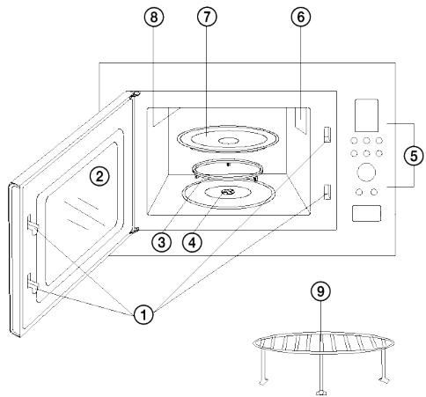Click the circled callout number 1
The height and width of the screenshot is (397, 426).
(x=143, y=315)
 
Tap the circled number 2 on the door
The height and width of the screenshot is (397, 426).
(x=99, y=176)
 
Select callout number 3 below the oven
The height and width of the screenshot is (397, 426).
(x=162, y=242)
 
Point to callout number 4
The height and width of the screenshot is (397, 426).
(x=193, y=242)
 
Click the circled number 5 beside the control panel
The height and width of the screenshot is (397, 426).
(x=414, y=156)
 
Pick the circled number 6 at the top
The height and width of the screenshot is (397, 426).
(x=301, y=17)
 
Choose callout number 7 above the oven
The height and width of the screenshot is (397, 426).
(x=207, y=17)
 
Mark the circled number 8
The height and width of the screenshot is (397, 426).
(x=154, y=17)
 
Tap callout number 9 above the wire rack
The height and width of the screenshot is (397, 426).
(x=320, y=291)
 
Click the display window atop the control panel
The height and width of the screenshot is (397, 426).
(x=366, y=115)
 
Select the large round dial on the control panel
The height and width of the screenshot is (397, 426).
(x=366, y=172)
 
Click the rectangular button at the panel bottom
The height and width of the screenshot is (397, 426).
(x=366, y=213)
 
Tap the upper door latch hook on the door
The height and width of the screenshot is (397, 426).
(x=33, y=225)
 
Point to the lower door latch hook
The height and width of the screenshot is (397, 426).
(x=33, y=283)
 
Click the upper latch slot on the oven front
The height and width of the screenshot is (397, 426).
(x=327, y=135)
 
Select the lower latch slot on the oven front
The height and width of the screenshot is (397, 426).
(x=327, y=192)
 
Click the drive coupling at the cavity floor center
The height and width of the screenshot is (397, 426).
(x=227, y=192)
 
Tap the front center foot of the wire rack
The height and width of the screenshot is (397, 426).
(x=321, y=393)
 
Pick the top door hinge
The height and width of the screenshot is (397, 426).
(x=135, y=94)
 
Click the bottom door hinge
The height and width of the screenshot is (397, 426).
(x=134, y=231)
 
